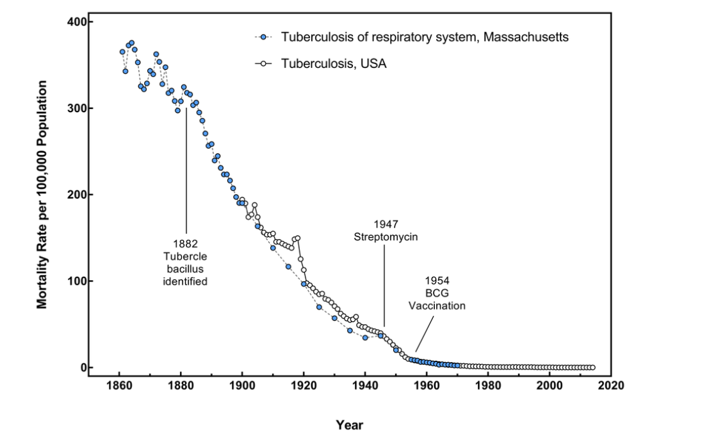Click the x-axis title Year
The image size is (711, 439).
(350, 425)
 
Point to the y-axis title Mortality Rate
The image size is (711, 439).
(42, 194)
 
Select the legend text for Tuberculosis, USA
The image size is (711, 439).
(334, 63)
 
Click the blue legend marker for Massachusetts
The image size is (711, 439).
(263, 37)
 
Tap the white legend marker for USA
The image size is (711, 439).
(263, 63)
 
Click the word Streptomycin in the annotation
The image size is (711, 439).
(386, 236)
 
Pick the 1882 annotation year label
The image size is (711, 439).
(186, 244)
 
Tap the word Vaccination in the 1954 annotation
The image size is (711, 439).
(437, 306)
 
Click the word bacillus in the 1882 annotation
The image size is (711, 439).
(186, 269)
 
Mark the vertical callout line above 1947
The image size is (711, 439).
(384, 285)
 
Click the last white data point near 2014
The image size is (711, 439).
(592, 367)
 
